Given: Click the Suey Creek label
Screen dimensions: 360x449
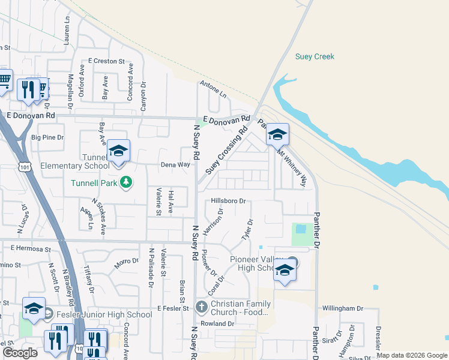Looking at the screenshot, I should point(315,57).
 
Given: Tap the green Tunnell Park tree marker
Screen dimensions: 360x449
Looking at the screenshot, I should point(125,182).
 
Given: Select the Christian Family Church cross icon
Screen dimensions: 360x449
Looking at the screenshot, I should point(201,308).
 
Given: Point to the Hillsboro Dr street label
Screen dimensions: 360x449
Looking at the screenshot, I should point(229,201).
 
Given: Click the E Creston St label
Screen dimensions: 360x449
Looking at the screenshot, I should point(106,61).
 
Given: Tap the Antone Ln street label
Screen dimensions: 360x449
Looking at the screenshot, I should point(214,89).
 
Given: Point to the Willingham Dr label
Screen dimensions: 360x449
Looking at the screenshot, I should point(343,308).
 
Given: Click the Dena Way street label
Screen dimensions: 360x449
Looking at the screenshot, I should point(175,164).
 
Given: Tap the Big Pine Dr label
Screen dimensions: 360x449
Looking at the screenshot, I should point(47,137).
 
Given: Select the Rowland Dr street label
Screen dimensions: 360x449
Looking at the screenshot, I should point(217,323).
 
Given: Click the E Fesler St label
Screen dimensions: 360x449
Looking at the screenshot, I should point(173,308).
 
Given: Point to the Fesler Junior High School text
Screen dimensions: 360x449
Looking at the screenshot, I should point(104,314).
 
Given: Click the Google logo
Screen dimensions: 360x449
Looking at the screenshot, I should point(20,353).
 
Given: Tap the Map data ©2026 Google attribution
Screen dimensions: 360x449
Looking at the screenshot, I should point(411,355).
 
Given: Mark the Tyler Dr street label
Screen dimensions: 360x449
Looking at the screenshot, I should point(247,230).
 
